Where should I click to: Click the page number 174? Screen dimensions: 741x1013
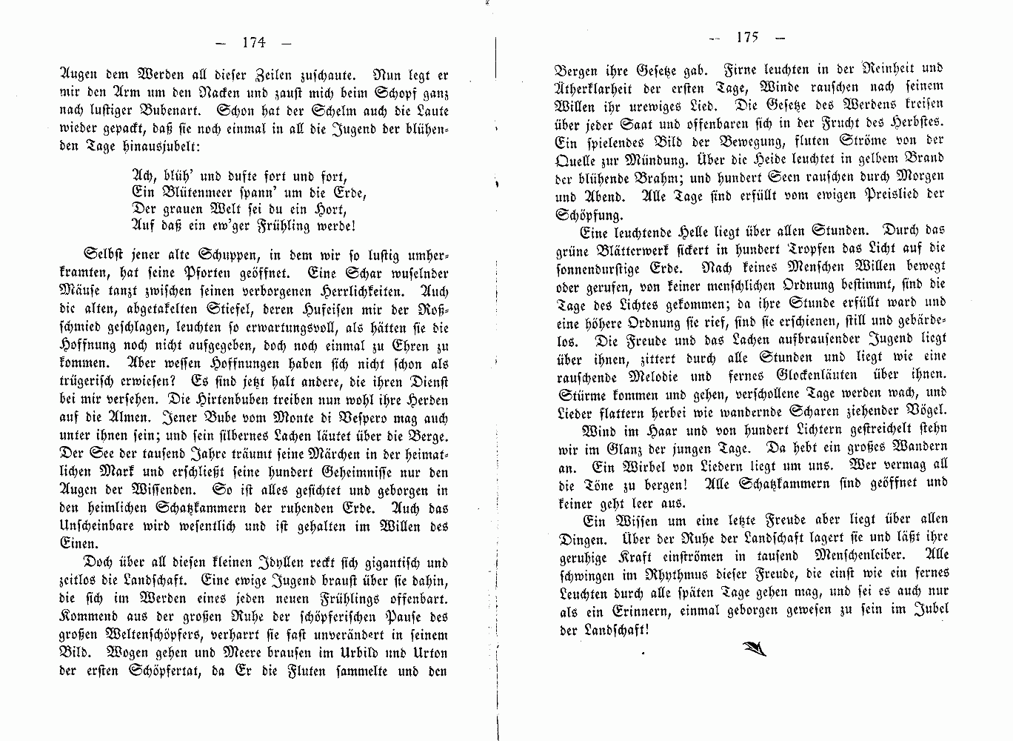253,42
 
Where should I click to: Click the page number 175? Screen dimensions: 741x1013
747,37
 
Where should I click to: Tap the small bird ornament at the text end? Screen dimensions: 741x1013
754,648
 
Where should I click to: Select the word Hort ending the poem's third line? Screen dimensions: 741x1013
330,210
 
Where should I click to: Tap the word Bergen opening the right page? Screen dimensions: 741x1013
576,71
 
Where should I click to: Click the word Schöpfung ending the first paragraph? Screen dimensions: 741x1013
589,215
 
